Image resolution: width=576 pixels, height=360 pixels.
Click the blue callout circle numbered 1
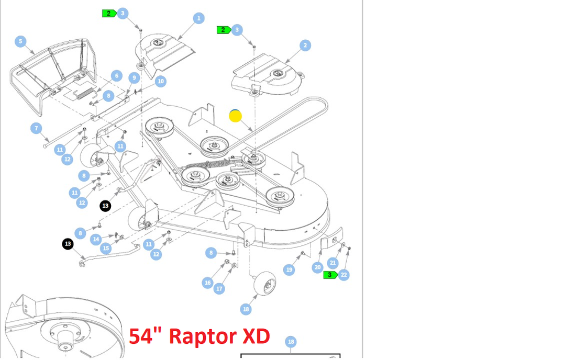198,18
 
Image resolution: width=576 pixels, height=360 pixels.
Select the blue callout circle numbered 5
20,41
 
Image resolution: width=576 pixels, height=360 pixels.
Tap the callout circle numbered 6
116,76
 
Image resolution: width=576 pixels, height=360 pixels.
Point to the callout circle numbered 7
36,128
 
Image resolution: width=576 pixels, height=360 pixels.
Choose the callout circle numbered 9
135,78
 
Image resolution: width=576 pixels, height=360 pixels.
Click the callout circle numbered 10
160,81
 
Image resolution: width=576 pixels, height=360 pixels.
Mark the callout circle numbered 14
96,239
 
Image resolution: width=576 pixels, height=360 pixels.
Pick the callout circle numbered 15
106,248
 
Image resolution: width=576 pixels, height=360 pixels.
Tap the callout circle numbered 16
208,283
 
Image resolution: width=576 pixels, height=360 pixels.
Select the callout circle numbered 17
219,288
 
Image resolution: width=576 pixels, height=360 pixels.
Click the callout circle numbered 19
289,270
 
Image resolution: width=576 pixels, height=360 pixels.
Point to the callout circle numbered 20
317,267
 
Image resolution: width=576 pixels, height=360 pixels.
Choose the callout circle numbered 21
333,263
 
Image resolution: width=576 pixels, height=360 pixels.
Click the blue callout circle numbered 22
344,275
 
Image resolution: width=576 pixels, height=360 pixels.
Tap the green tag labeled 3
330,275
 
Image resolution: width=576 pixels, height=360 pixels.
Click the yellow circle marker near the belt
236,116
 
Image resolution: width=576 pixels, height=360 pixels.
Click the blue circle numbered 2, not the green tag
306,46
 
